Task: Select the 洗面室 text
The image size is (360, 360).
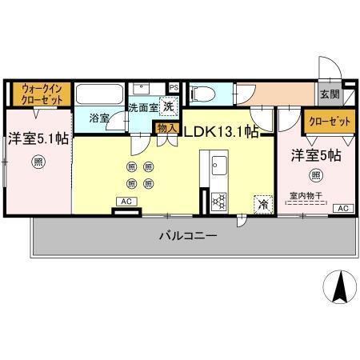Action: click(x=144, y=106)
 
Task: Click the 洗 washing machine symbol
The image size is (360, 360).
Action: click(x=169, y=105)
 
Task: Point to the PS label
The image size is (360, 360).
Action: click(x=173, y=87)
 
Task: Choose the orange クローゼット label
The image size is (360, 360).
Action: click(x=328, y=121)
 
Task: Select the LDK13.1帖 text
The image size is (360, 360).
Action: click(x=222, y=130)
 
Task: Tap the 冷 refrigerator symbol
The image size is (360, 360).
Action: click(x=262, y=204)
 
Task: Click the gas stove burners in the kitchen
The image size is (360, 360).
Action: click(x=218, y=202)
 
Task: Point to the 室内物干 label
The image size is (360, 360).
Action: click(x=307, y=194)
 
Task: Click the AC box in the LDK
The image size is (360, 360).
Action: click(x=126, y=202)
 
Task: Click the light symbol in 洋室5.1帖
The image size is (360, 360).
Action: click(x=38, y=162)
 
